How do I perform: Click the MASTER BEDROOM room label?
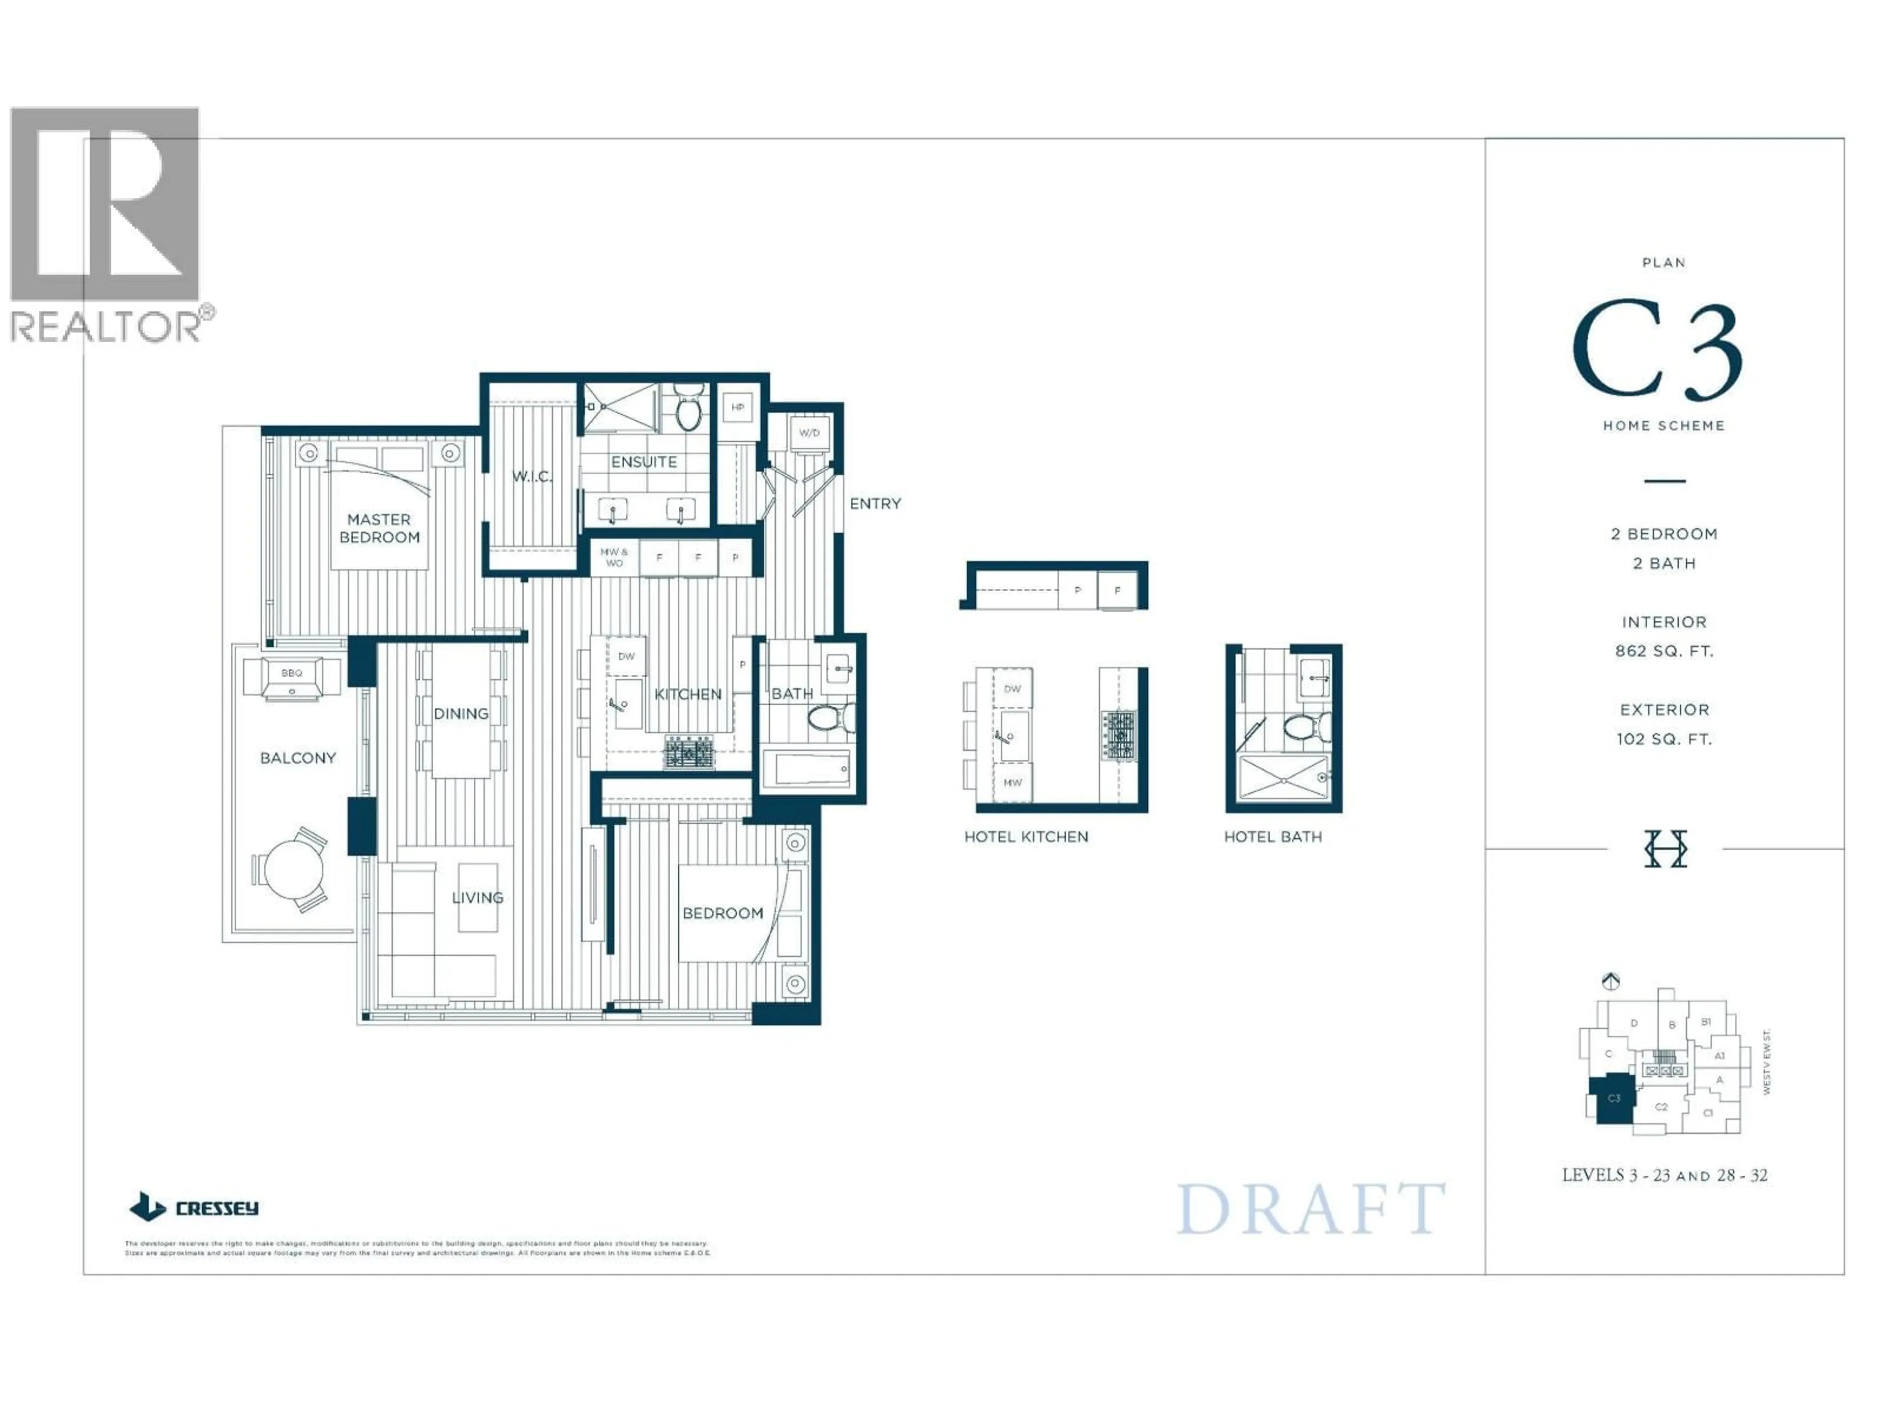coord(380,528)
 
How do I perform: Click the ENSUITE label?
coord(644,462)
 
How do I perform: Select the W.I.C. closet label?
coord(532,476)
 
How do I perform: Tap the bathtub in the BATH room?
coord(806,770)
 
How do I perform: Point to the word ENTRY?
coord(875,504)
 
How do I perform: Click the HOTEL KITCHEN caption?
coord(1026,837)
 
